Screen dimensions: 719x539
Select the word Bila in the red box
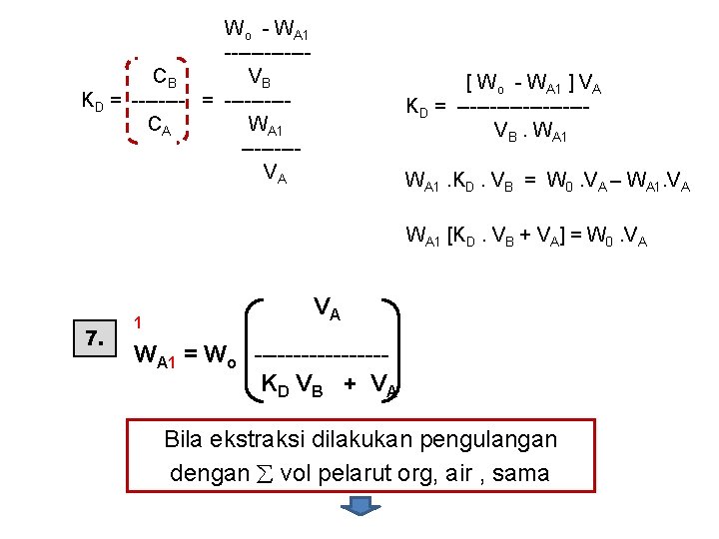[x=186, y=440]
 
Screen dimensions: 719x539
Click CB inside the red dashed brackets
[x=165, y=77]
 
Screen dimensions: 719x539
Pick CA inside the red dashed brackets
[x=159, y=126]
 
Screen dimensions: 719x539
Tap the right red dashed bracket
[x=188, y=100]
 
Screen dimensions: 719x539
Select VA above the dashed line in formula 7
[x=327, y=308]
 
